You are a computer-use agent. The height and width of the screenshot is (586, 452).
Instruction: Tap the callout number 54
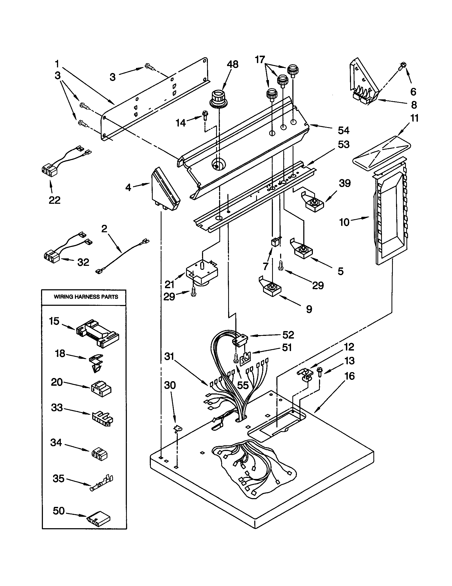tap(343, 131)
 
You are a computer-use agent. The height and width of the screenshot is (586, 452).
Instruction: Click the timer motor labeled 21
tap(202, 272)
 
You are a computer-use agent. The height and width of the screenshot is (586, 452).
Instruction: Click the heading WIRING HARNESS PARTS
tap(86, 297)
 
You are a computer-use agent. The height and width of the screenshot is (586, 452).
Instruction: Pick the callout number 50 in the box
tap(59, 511)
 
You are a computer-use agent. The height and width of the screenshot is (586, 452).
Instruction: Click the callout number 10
tap(344, 222)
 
